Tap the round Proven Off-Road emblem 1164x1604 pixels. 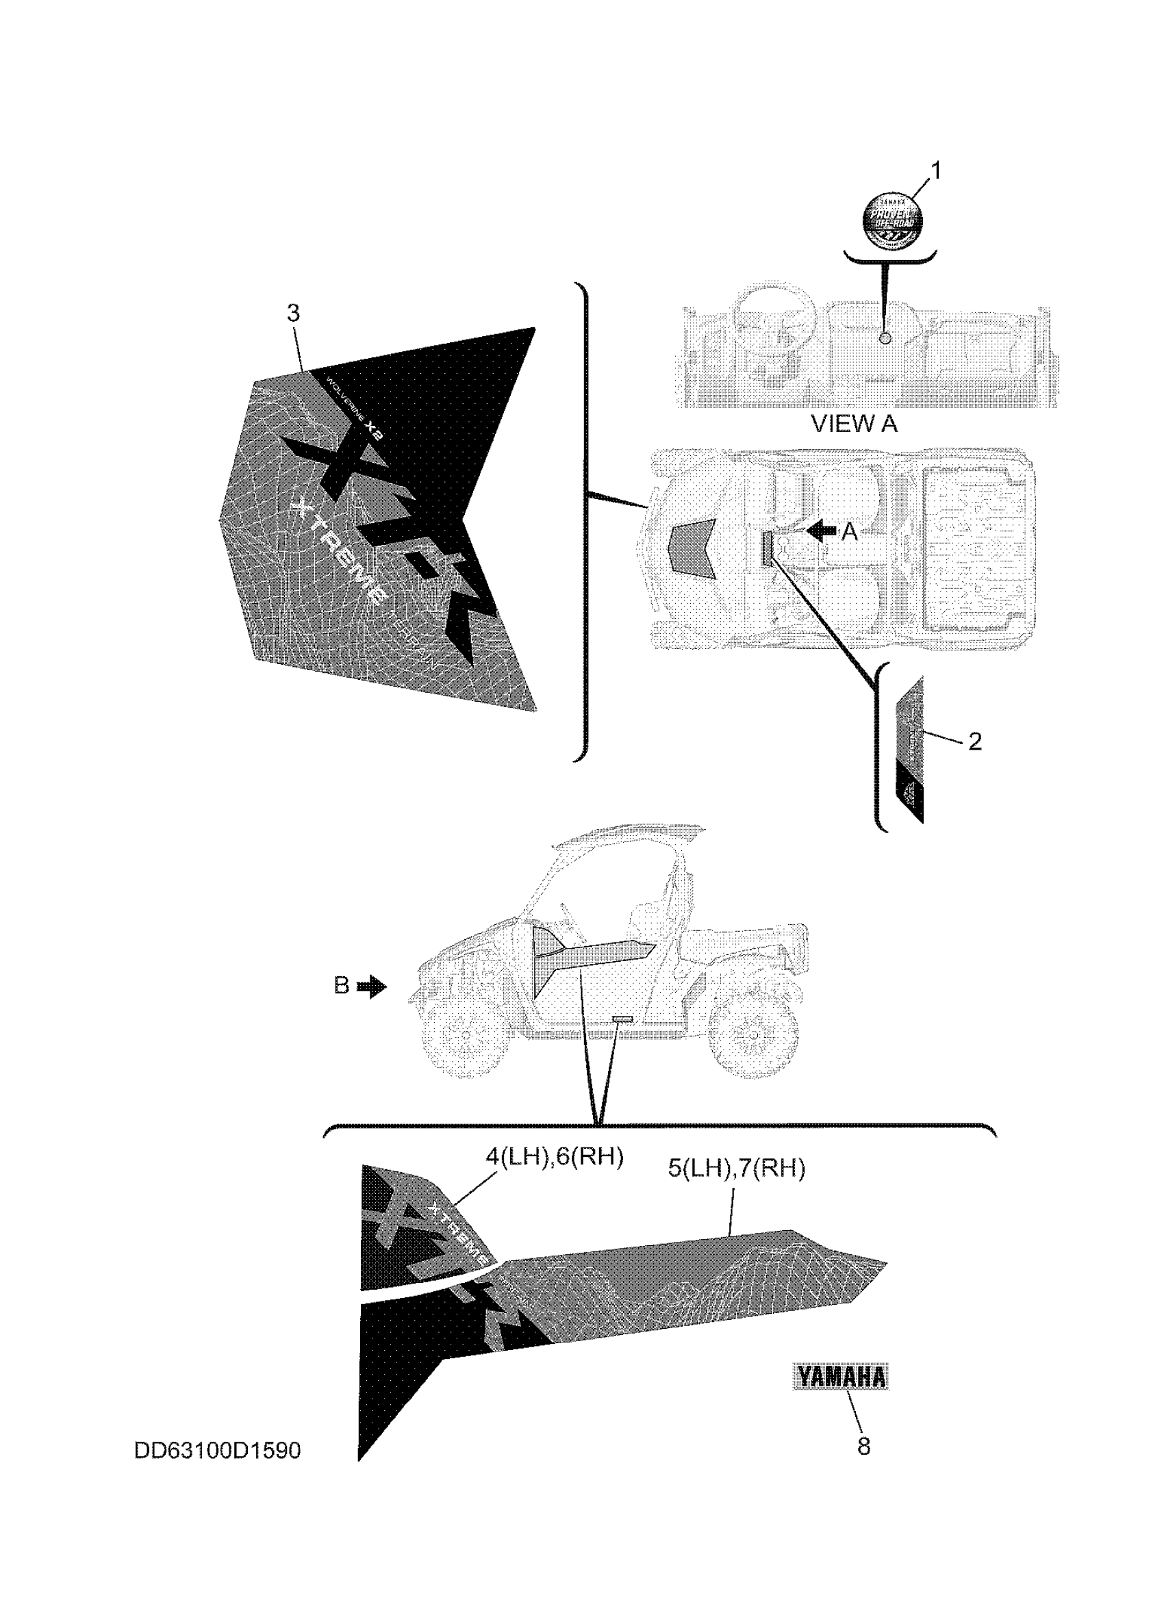tap(892, 220)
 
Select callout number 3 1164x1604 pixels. tap(294, 313)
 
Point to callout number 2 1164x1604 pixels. tap(974, 742)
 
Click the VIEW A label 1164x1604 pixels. tap(854, 424)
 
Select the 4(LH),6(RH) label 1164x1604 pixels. tap(554, 1157)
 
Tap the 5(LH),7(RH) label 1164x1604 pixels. tap(736, 1169)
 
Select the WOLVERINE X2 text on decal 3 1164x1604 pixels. tap(354, 410)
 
